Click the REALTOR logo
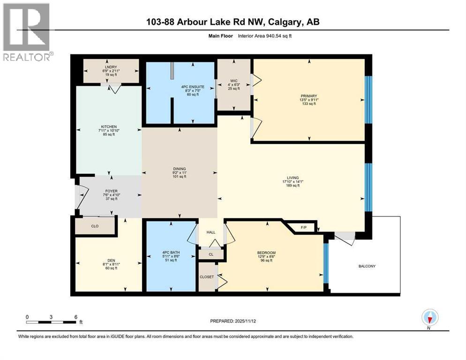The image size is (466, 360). coord(27,32)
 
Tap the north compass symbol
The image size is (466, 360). coord(428,318)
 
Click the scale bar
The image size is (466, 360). coord(52,322)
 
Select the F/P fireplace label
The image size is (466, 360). coord(303,227)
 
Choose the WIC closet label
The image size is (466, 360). coord(234,81)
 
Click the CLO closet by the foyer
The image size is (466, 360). coord(94,226)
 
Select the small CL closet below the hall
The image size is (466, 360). coord(211,254)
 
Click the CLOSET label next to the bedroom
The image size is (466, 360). coord(207,277)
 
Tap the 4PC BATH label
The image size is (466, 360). coord(171,253)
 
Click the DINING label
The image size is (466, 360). coord(180,169)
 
